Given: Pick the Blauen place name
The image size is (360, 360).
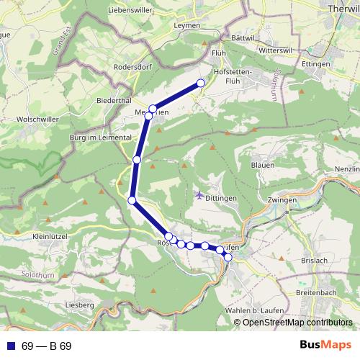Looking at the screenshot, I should click(x=262, y=165).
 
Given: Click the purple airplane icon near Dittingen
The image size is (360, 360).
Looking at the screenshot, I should click(x=199, y=194).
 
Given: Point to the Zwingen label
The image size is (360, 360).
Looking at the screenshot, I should click(x=281, y=199).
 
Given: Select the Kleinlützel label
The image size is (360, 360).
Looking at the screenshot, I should click(x=50, y=235).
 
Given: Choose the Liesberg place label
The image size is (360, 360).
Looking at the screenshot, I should click(x=79, y=305).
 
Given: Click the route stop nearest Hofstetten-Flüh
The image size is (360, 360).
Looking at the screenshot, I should click(x=201, y=84).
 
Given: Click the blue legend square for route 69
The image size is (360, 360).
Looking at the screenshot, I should click(x=9, y=346).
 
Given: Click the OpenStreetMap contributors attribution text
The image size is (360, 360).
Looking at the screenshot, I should click(x=297, y=323).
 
